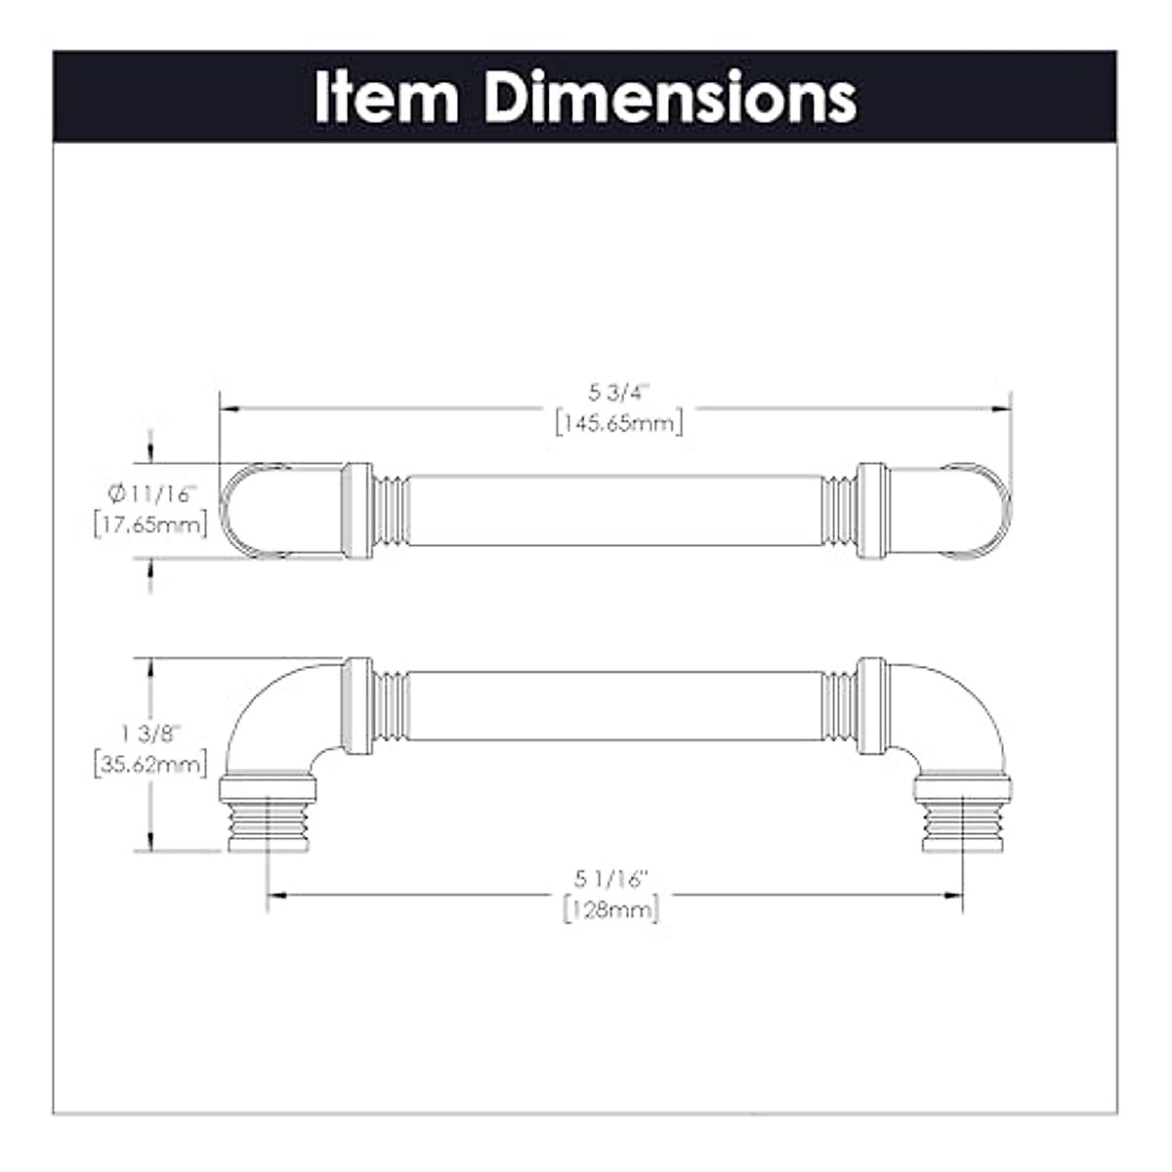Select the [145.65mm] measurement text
(x=618, y=423)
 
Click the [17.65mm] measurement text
(x=150, y=525)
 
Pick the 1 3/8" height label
(x=150, y=732)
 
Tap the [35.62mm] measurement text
(x=150, y=764)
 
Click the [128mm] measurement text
(x=611, y=910)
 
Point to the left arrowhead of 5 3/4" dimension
(x=227, y=408)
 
